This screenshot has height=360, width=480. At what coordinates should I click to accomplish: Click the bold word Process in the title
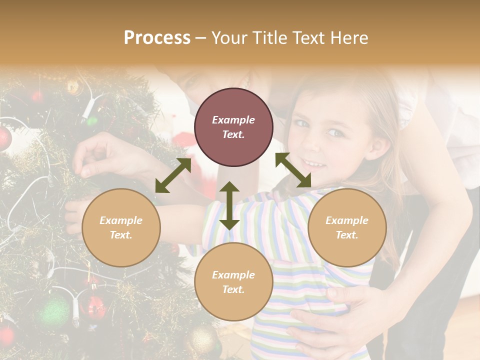157,38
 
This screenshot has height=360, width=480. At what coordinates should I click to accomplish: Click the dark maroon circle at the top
233,127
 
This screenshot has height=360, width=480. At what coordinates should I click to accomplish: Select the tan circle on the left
121,227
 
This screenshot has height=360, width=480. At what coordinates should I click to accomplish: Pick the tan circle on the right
347,227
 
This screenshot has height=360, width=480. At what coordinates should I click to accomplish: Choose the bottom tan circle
233,281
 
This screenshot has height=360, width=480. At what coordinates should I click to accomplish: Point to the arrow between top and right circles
293,170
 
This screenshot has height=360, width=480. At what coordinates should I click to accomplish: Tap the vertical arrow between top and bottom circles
229,205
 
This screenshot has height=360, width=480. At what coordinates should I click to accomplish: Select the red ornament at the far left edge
4,137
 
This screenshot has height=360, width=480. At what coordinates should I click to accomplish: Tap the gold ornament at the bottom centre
202,340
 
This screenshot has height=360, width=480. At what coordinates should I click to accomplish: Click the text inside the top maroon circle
233,127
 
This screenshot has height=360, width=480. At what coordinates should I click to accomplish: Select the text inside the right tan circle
347,227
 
